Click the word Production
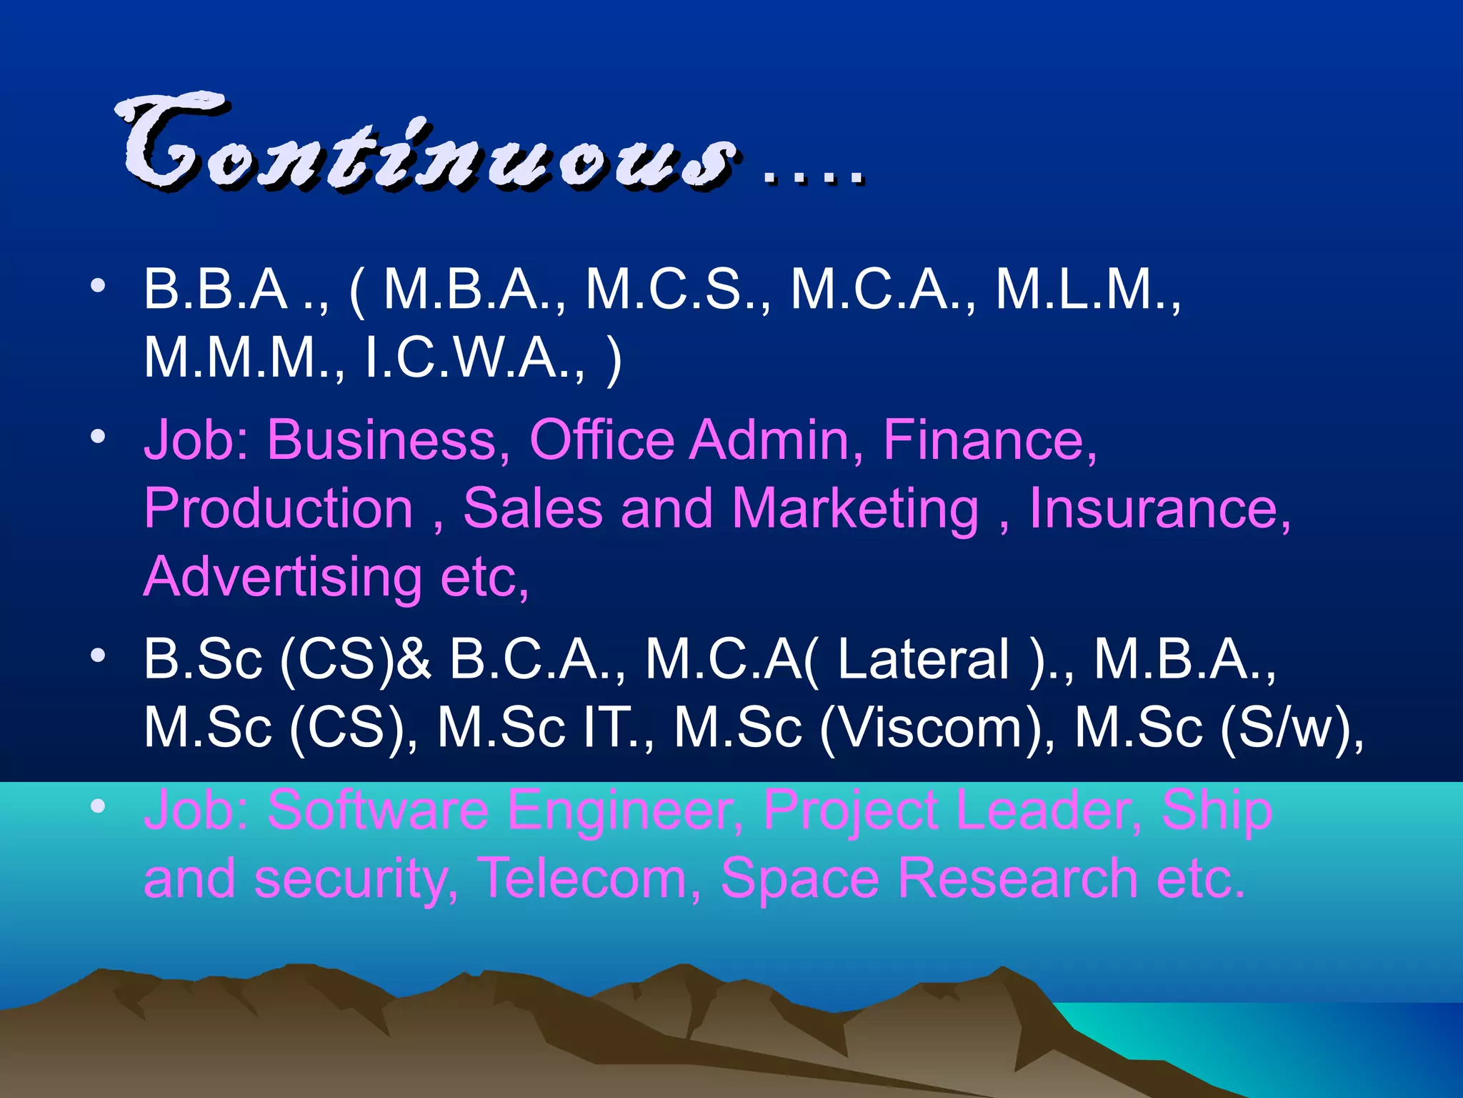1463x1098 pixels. [x=279, y=508]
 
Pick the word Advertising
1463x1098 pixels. [x=283, y=578]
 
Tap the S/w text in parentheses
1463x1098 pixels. [x=1287, y=728]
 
